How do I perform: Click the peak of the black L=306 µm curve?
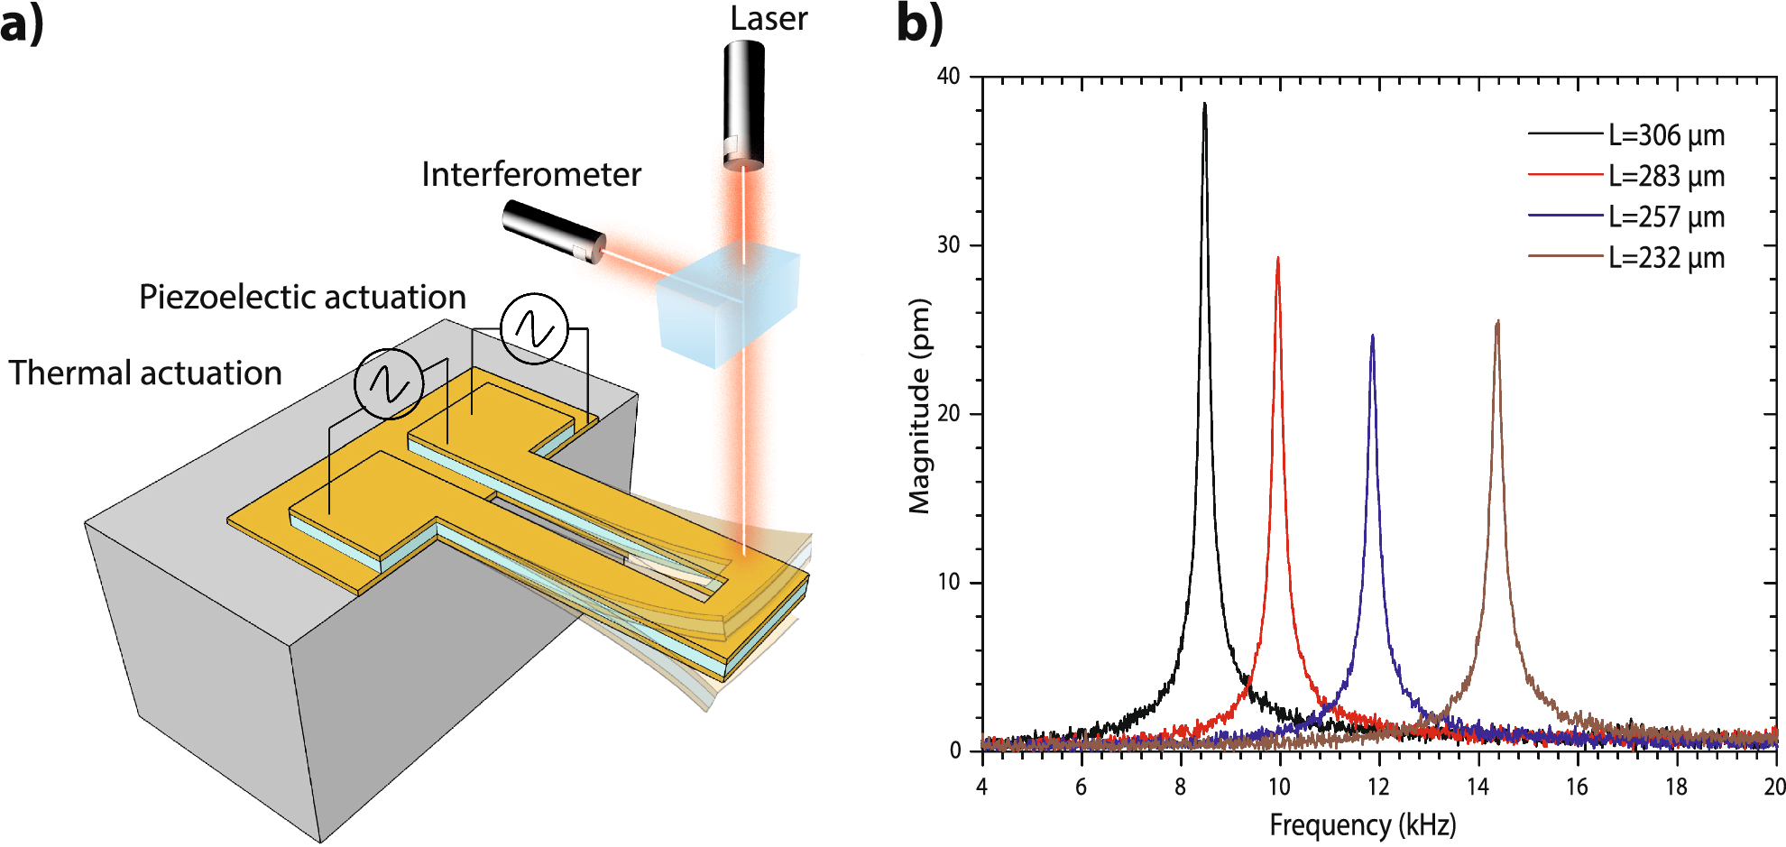click(1204, 105)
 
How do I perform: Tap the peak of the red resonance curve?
click(1277, 259)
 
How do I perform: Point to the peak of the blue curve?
click(1373, 336)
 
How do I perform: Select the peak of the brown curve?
click(1497, 322)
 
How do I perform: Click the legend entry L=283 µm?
click(1666, 176)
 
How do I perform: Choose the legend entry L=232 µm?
click(1666, 258)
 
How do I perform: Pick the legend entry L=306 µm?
click(1666, 135)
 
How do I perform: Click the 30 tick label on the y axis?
click(948, 245)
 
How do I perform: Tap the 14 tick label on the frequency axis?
click(1478, 787)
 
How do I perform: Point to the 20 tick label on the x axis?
click(1773, 787)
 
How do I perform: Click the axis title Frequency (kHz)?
click(1362, 824)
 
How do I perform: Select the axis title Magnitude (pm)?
click(919, 406)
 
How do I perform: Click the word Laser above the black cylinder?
click(769, 19)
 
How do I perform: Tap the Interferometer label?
click(531, 174)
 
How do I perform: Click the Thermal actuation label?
click(145, 373)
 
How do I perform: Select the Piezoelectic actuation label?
click(302, 297)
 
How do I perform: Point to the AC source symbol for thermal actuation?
click(389, 383)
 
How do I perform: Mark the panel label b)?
click(919, 23)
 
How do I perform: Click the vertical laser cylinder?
click(744, 104)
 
